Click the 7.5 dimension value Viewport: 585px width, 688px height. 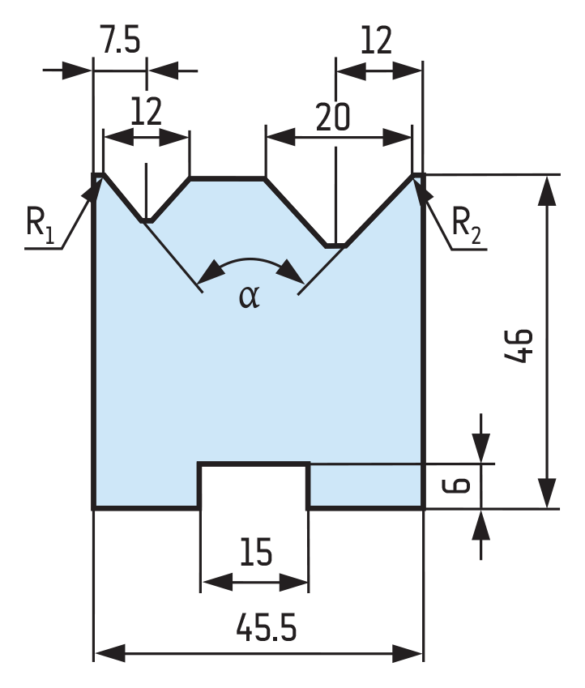[121, 40]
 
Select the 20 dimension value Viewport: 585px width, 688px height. [333, 117]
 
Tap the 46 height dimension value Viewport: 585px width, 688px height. [519, 346]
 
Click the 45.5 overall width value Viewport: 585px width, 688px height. [267, 627]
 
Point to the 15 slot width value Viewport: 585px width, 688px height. [256, 552]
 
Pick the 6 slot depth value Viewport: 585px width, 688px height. [456, 485]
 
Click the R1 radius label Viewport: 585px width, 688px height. [40, 223]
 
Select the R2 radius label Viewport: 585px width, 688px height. [466, 224]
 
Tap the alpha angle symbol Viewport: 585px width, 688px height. [250, 297]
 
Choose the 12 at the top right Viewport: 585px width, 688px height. [376, 40]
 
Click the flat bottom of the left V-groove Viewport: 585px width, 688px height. [147, 220]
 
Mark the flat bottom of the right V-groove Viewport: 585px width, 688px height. [335, 246]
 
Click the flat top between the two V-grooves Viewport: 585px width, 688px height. [228, 178]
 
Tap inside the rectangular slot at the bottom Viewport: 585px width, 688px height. [254, 487]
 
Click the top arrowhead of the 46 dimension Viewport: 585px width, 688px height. [547, 190]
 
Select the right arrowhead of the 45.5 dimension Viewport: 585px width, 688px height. [408, 653]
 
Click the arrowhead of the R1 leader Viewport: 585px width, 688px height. [92, 190]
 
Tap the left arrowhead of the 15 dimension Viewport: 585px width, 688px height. [217, 582]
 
